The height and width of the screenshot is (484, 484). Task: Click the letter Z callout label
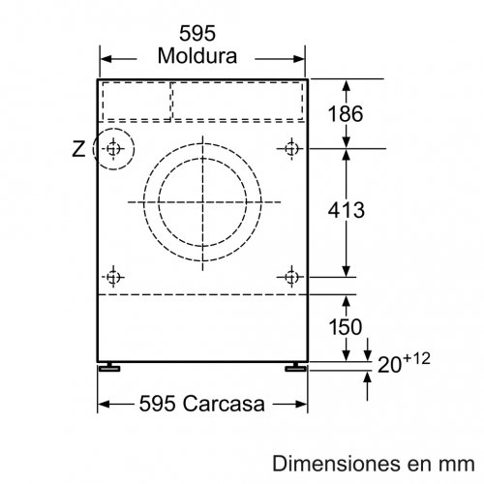(x=79, y=149)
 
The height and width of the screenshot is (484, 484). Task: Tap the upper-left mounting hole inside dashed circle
(x=115, y=148)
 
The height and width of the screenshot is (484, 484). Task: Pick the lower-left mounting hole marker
(x=115, y=277)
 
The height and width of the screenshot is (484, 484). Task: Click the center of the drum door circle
(x=203, y=200)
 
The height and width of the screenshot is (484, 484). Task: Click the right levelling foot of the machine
(x=293, y=369)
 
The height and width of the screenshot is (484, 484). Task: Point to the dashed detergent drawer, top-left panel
(x=136, y=99)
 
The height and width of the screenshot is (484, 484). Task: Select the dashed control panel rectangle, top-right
(x=238, y=99)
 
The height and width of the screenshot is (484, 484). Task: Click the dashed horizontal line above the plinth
(x=203, y=295)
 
